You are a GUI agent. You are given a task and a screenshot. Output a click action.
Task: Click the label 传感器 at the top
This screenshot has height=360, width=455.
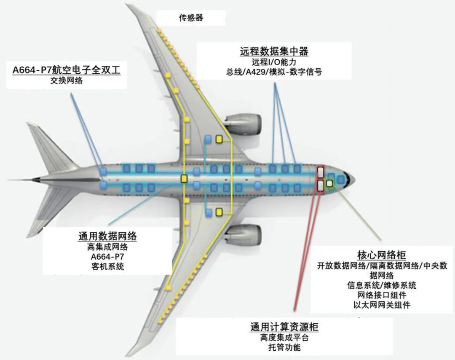point(191,18)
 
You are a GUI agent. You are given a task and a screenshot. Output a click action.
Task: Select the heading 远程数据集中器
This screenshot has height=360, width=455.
point(274,51)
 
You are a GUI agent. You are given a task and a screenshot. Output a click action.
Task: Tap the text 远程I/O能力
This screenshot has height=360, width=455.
point(274,62)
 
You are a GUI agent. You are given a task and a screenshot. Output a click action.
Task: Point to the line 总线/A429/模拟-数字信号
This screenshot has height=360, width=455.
point(274,72)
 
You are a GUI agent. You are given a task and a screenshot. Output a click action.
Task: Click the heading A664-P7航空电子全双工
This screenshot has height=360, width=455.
point(67,70)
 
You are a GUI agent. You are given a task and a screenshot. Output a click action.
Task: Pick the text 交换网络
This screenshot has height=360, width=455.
point(66,81)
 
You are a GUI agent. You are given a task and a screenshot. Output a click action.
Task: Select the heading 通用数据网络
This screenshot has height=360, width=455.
point(107,236)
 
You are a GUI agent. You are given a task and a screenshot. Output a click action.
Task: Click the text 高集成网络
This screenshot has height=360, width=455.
point(107,247)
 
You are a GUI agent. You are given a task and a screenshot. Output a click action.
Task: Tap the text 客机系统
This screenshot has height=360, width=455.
point(107,266)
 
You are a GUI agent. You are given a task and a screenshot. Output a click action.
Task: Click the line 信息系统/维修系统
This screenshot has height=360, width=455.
point(381,285)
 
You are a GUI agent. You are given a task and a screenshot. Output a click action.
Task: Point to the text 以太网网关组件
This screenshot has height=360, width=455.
point(381,305)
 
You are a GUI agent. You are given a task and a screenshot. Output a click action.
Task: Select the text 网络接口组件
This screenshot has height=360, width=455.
point(381,295)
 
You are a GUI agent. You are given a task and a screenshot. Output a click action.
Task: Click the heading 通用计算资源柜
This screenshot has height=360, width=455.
point(284,327)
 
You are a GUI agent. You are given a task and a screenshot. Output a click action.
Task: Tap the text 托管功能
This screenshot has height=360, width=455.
point(284,348)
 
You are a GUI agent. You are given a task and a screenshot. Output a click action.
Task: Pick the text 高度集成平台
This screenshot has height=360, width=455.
point(284,338)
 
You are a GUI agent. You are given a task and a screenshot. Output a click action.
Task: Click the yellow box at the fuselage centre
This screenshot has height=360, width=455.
point(184,178)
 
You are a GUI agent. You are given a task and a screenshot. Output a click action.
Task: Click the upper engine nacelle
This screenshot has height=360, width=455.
point(244,123)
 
